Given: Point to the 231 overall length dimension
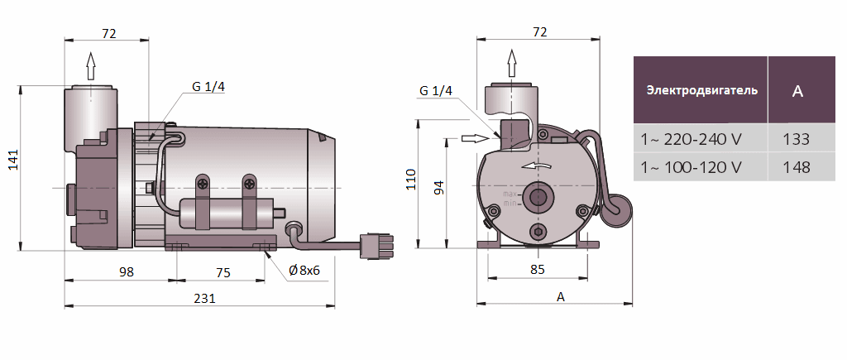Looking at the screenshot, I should [x=203, y=298].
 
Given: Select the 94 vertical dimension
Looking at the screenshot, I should [x=439, y=187].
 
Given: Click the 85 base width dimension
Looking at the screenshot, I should [x=537, y=268].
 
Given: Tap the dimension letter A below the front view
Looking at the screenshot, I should [x=560, y=296].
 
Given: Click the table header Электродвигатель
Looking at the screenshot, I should [x=701, y=90].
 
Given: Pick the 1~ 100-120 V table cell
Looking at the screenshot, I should [x=691, y=167].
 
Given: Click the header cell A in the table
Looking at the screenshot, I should [x=797, y=91].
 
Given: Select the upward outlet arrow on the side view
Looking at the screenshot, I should [x=90, y=63].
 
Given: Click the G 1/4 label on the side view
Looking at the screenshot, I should [x=208, y=87].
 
